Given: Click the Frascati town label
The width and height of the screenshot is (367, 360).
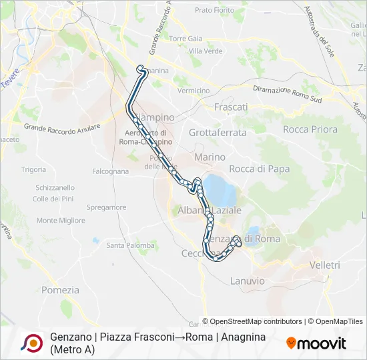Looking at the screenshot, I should pos(231,107).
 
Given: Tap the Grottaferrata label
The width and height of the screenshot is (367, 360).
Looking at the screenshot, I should pos(218,133).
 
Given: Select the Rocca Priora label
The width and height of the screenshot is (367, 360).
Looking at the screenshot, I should pos(310,129).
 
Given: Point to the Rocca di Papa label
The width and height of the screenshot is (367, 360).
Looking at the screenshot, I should pos(260,169).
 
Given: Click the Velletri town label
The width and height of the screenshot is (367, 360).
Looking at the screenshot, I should pos(326,265).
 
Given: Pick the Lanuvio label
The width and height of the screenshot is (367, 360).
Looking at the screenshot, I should pos(247,281).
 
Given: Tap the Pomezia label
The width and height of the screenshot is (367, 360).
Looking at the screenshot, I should pos(60,290).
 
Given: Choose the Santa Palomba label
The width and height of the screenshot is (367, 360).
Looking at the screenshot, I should pos(130,245).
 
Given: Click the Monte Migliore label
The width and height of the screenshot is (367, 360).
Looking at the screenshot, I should pos(56,221).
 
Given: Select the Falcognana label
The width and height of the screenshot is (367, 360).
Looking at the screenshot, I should pos(110,171).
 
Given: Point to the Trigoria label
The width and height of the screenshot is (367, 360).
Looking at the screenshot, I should pos(33,170).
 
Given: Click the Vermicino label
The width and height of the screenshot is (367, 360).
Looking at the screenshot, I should pos(194,91).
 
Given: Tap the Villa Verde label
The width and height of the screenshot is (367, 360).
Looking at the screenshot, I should pos(206,51).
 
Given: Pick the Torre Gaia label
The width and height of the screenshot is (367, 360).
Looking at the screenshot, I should pos(186,39).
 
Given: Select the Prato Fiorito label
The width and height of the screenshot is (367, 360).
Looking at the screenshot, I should pos(215,11).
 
